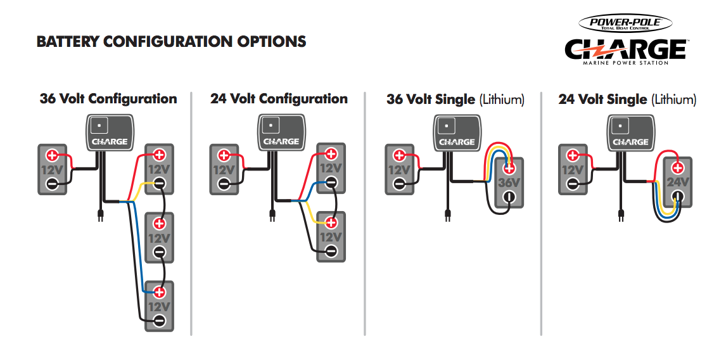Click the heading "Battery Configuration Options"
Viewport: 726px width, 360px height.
(171, 42)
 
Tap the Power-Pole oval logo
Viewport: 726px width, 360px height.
(624, 24)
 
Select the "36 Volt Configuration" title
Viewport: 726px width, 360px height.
(108, 99)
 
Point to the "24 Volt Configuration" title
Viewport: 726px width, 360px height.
(279, 99)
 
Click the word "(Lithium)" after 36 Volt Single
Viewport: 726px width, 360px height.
(502, 100)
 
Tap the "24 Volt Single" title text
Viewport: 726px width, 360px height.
(602, 100)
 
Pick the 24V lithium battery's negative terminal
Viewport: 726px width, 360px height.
(677, 197)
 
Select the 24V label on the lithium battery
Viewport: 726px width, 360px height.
(677, 183)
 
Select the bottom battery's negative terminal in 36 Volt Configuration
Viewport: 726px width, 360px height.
(159, 321)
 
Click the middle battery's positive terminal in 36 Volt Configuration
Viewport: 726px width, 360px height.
(159, 223)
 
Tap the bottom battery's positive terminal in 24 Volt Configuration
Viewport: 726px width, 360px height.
(331, 222)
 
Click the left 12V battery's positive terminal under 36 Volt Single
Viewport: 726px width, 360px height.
(399, 155)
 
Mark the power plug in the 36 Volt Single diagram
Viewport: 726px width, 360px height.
(447, 215)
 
